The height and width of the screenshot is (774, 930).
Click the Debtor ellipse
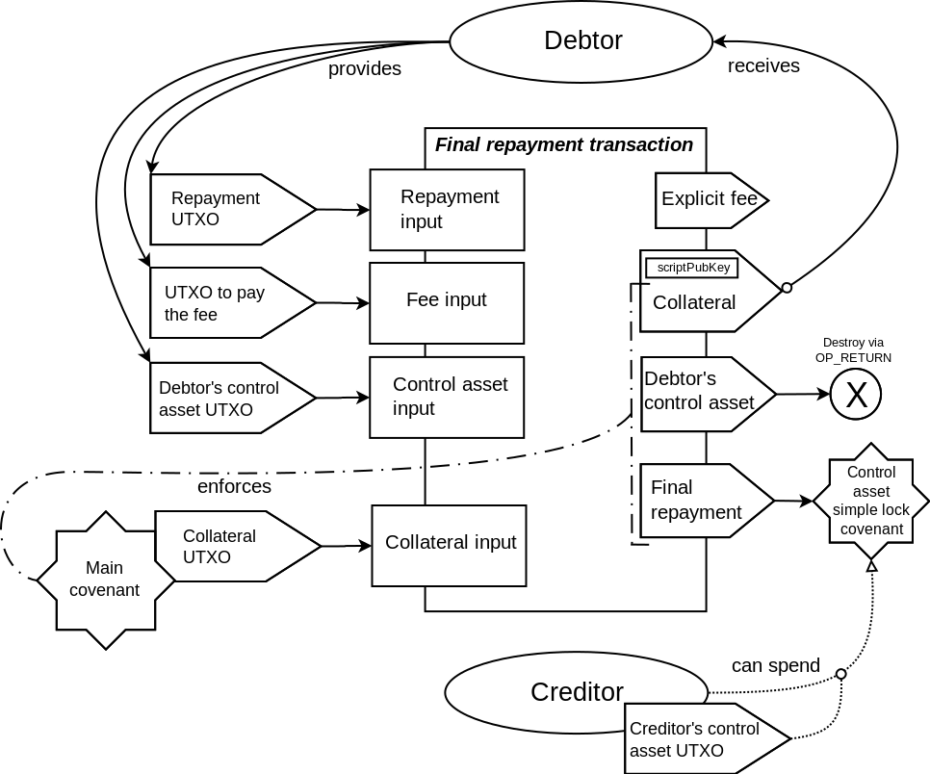pyautogui.click(x=581, y=41)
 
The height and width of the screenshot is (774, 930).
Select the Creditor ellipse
pyautogui.click(x=576, y=691)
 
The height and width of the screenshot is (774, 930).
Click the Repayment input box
pyautogui.click(x=447, y=209)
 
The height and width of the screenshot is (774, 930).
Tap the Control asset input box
pyautogui.click(x=447, y=397)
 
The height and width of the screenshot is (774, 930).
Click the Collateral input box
pyautogui.click(x=450, y=544)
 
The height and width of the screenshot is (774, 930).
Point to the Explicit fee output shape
pyautogui.click(x=710, y=200)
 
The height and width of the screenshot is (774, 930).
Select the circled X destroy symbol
pyautogui.click(x=855, y=394)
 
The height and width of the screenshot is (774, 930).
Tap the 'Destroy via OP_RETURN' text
pyautogui.click(x=852, y=349)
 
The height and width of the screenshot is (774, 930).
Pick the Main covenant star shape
pyautogui.click(x=104, y=580)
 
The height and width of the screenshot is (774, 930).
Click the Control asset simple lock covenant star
pyautogui.click(x=870, y=502)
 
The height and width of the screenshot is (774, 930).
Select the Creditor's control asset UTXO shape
pyautogui.click(x=703, y=739)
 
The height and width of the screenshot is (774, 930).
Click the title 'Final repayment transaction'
pyautogui.click(x=564, y=144)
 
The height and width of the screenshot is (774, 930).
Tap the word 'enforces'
pyautogui.click(x=234, y=486)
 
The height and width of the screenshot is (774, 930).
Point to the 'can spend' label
pyautogui.click(x=775, y=665)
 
